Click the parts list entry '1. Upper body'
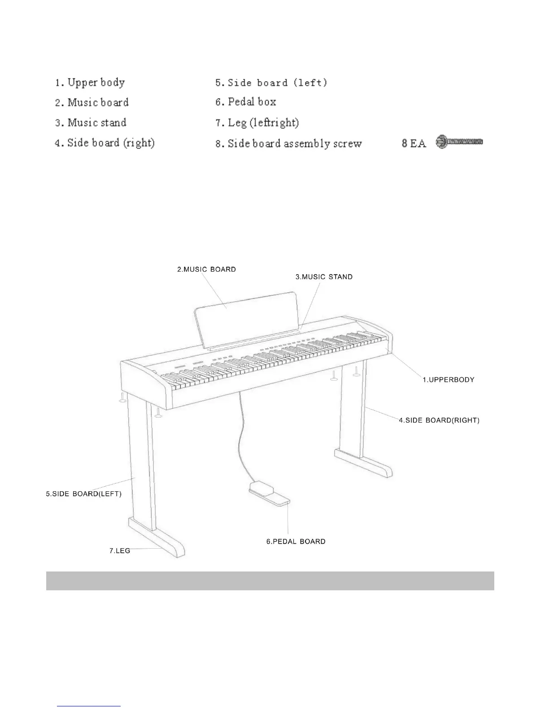90,82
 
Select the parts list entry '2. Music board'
91,103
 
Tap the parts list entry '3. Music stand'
90,123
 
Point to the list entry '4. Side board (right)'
105,143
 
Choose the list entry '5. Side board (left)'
271,82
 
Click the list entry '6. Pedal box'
245,102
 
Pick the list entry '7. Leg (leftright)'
257,122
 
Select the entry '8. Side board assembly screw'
288,143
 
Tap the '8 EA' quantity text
413,144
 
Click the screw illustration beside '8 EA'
459,142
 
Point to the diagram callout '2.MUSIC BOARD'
206,269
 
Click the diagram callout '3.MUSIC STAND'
324,277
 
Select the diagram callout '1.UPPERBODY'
448,380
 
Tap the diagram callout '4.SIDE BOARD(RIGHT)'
439,420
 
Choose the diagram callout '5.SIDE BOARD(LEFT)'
83,494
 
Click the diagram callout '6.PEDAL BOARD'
296,541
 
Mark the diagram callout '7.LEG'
120,550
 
